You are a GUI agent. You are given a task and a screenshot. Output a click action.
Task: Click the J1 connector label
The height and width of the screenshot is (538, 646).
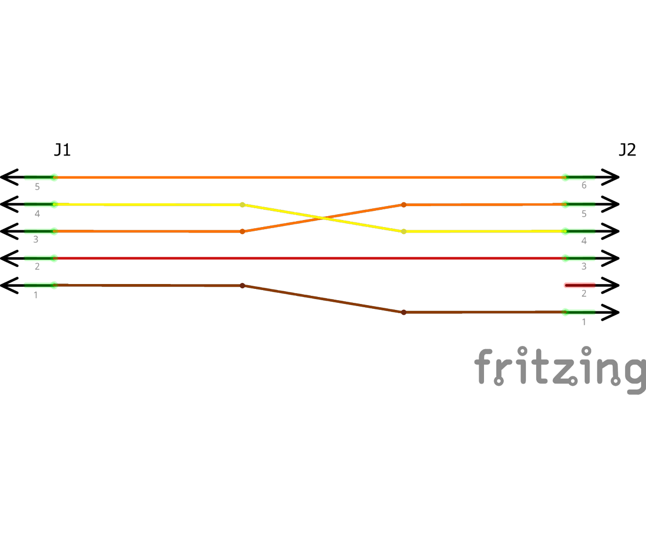pos(62,150)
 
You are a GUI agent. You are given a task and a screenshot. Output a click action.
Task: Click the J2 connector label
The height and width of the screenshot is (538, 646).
pos(627,150)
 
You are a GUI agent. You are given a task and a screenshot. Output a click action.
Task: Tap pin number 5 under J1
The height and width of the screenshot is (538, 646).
pos(37,187)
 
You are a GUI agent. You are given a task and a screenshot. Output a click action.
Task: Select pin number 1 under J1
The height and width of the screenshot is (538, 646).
pos(36,295)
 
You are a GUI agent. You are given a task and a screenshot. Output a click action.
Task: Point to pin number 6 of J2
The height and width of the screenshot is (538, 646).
pos(584,186)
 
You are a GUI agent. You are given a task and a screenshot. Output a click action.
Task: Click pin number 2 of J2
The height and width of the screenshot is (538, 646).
pos(584,294)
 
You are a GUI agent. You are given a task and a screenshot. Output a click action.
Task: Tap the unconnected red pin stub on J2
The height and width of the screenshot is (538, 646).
pos(580,285)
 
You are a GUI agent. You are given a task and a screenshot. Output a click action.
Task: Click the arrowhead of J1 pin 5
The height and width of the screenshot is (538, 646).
pos(10,177)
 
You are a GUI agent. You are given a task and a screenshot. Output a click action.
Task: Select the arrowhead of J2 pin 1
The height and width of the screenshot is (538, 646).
pos(611,312)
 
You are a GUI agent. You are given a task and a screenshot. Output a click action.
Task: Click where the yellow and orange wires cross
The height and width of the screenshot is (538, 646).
pos(322,218)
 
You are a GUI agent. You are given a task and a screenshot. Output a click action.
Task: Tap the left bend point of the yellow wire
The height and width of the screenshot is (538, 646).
pos(242,204)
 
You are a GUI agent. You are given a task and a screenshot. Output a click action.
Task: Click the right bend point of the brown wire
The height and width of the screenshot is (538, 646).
pos(404,312)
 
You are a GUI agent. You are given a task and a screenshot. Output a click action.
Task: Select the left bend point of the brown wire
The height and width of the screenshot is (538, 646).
pos(242,285)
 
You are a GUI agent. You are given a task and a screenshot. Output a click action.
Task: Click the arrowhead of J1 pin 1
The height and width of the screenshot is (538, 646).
pos(10,285)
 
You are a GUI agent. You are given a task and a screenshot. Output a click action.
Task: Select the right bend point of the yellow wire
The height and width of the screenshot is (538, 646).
pos(404,231)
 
